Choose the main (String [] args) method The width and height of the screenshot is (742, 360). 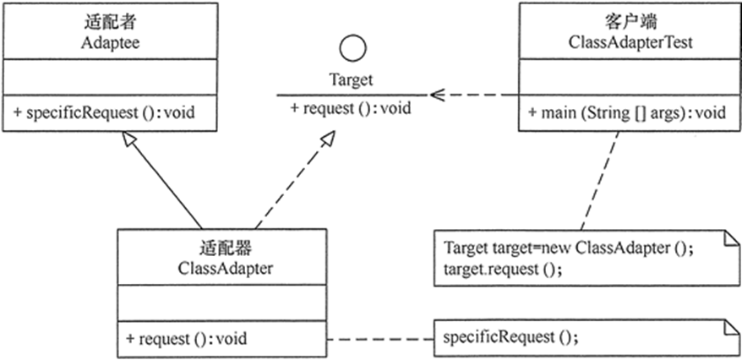pyautogui.click(x=627, y=112)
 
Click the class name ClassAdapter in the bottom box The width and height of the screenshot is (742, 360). pyautogui.click(x=222, y=268)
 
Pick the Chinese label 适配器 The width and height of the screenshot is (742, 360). pyautogui.click(x=222, y=248)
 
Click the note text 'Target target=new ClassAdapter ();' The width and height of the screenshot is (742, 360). pyautogui.click(x=570, y=250)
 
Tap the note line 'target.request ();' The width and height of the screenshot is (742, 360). pyautogui.click(x=502, y=270)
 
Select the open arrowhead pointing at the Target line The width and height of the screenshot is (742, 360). pyautogui.click(x=436, y=94)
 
